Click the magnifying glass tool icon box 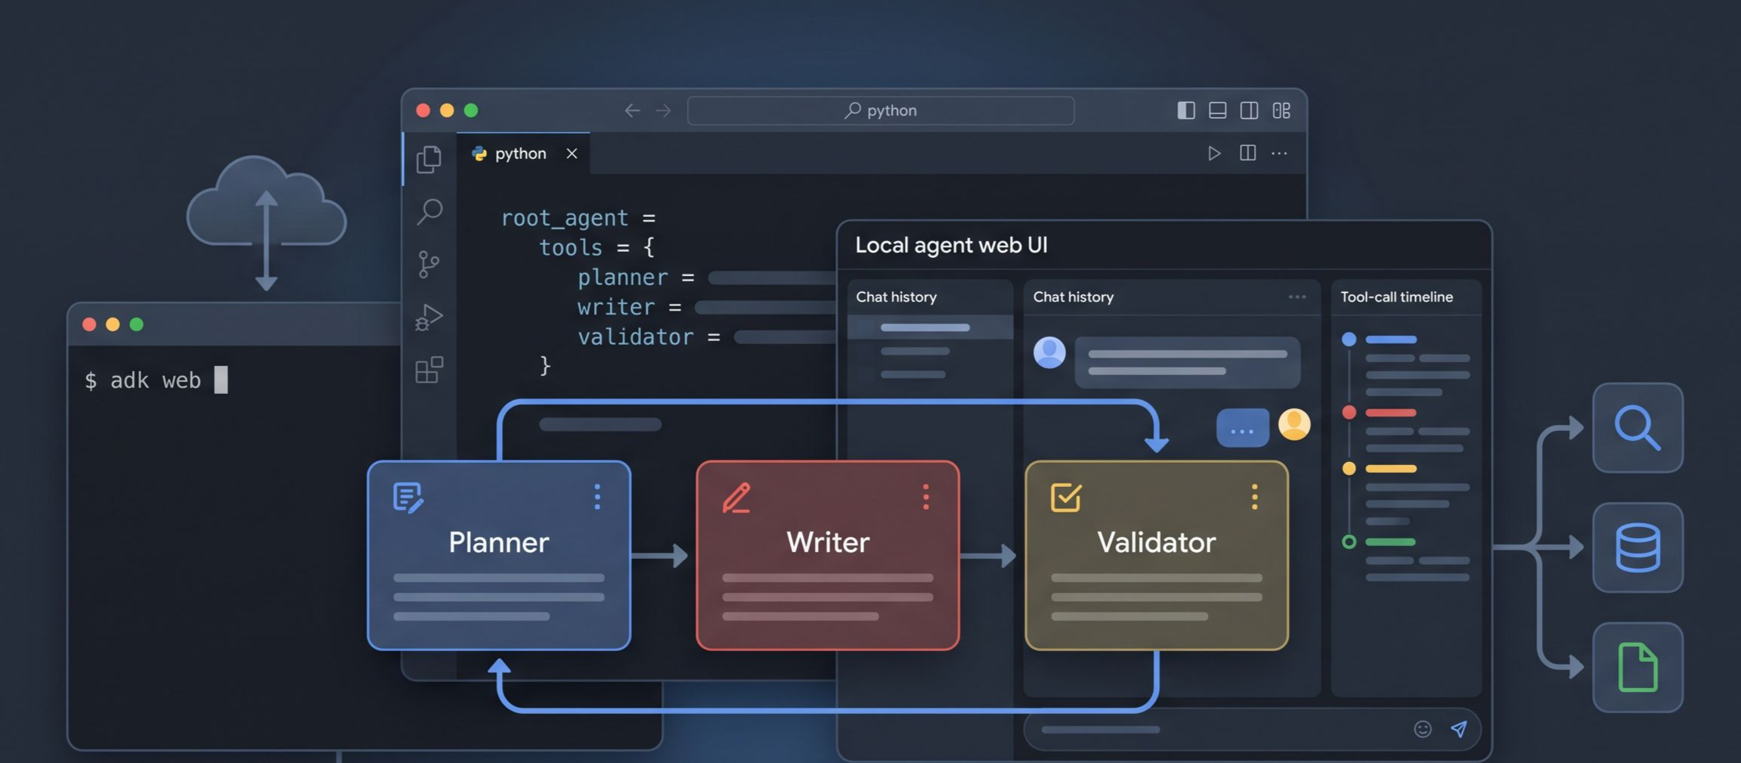pyautogui.click(x=1637, y=428)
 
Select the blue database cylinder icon pyautogui.click(x=1637, y=547)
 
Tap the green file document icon pyautogui.click(x=1637, y=667)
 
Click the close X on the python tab pyautogui.click(x=572, y=154)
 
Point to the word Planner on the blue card pyautogui.click(x=499, y=542)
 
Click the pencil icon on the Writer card pyautogui.click(x=736, y=498)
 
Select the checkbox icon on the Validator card pyautogui.click(x=1066, y=498)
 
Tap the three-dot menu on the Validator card pyautogui.click(x=1254, y=497)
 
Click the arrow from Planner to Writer pyautogui.click(x=659, y=556)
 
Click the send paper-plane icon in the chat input pyautogui.click(x=1459, y=729)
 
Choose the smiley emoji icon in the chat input pyautogui.click(x=1423, y=729)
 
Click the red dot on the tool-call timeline pyautogui.click(x=1349, y=412)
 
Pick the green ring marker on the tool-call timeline pyautogui.click(x=1349, y=541)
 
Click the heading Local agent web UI pyautogui.click(x=951, y=245)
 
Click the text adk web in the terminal pyautogui.click(x=156, y=380)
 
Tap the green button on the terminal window pyautogui.click(x=136, y=324)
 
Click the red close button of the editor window pyautogui.click(x=423, y=110)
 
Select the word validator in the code pyautogui.click(x=635, y=337)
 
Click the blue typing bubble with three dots pyautogui.click(x=1242, y=428)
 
